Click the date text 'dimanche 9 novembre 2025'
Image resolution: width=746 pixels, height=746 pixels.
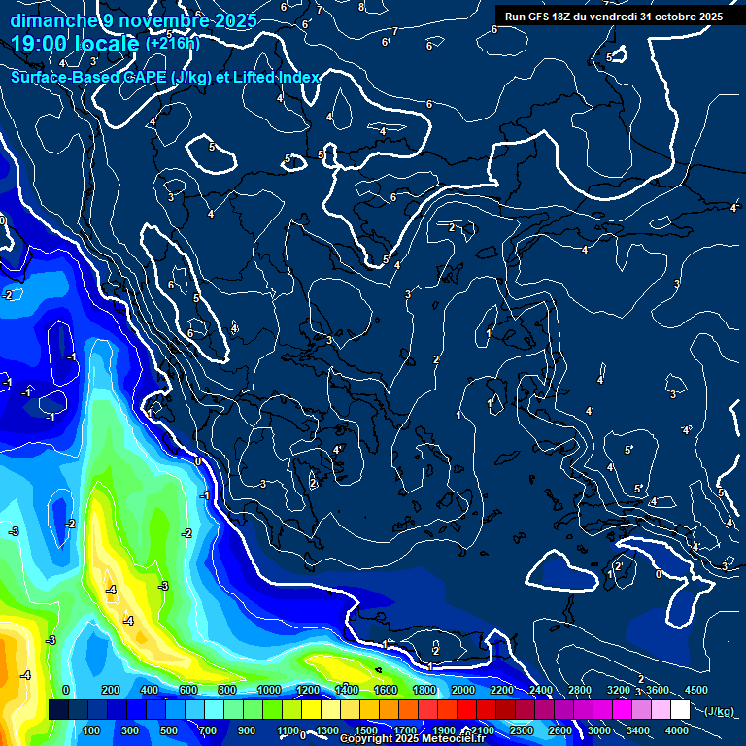(133, 20)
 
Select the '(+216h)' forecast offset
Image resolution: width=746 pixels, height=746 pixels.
(173, 44)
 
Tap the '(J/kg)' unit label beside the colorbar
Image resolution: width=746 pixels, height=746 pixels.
(718, 711)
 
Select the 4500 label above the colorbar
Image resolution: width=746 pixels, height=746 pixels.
(696, 690)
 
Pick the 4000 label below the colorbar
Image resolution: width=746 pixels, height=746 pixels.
(678, 730)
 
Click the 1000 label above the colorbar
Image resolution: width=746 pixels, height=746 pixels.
(269, 690)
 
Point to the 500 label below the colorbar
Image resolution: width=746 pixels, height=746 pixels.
(169, 730)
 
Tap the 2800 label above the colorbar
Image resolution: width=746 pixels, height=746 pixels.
(580, 690)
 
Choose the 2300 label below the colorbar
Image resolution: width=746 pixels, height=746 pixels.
(522, 730)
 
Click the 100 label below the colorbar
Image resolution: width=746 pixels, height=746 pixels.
(91, 730)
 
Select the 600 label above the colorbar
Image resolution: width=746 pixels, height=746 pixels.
(188, 690)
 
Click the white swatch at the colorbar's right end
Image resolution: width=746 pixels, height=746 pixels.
(680, 710)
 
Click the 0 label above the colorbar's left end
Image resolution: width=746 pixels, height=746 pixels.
(66, 690)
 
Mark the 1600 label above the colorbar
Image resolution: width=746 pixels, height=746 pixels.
(386, 690)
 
